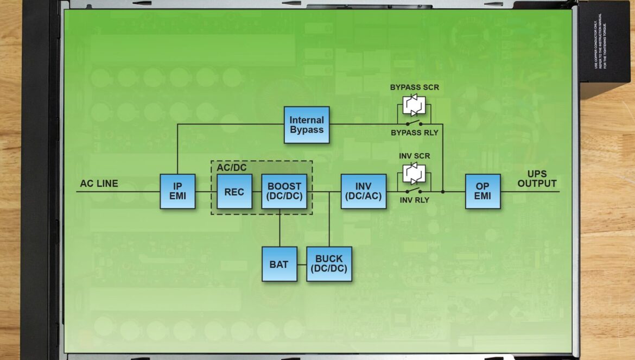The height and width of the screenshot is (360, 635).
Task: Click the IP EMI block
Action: [x=177, y=192]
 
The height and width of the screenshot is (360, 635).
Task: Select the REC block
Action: [x=234, y=192]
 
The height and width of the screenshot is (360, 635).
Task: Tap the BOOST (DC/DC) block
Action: [x=284, y=192]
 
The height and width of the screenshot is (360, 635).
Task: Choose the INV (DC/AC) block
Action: [x=364, y=192]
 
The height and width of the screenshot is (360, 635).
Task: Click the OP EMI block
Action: [x=482, y=192]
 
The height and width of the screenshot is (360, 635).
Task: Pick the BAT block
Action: [x=280, y=264]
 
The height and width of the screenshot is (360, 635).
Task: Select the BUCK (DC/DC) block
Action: [x=329, y=264]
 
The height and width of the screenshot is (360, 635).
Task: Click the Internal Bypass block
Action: [x=307, y=125]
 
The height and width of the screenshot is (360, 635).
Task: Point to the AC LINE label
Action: [x=99, y=184]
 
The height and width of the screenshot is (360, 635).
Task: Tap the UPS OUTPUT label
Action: [x=537, y=179]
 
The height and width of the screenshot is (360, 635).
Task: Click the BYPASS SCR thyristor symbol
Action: [x=414, y=105]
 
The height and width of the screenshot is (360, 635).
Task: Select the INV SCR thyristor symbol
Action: [x=414, y=173]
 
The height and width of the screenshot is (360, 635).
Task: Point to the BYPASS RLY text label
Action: [x=414, y=132]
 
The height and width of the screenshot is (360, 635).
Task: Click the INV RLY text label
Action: [x=414, y=200]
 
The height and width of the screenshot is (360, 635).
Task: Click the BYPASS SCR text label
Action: [x=414, y=87]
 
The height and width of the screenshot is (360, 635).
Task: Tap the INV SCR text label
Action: [x=414, y=156]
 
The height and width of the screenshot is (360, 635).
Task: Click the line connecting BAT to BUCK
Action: [x=302, y=264]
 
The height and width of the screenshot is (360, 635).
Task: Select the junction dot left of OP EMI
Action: [x=443, y=192]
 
